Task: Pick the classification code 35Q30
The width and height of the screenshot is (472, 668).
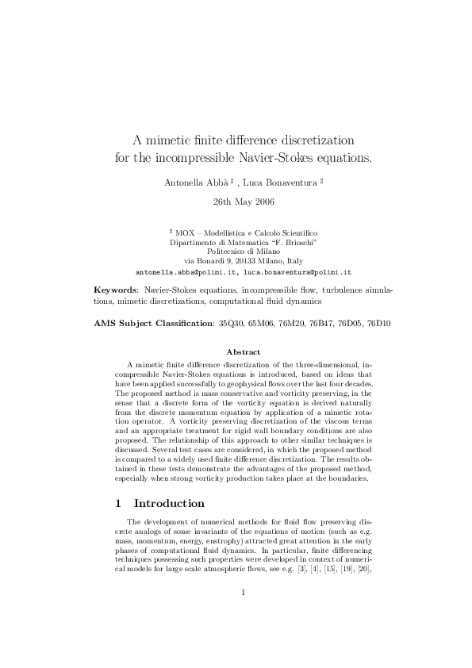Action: tap(233, 324)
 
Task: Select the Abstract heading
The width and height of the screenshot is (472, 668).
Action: tap(244, 351)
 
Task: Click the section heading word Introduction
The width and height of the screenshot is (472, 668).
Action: tap(170, 503)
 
